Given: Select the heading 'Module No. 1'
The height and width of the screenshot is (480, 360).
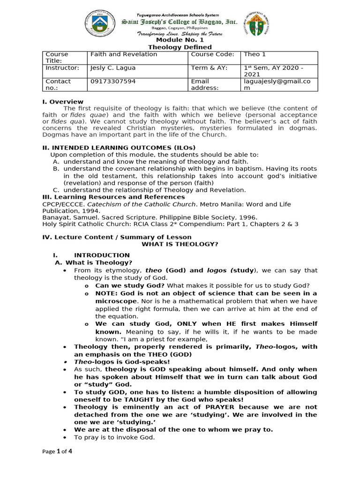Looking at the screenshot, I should click(180, 40).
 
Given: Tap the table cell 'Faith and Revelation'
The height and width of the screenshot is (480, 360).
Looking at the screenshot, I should click(124, 54).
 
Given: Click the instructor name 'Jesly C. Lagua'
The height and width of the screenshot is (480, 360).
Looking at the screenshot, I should click(112, 68).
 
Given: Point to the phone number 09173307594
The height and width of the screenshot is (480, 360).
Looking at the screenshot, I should click(112, 81).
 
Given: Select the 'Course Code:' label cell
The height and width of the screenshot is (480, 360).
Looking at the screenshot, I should click(212, 54).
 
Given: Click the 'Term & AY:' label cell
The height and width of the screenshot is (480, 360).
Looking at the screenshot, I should click(209, 68).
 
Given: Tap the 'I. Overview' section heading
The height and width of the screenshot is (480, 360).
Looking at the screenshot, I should click(63, 102).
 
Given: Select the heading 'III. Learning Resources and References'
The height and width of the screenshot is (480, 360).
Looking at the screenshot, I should click(113, 197).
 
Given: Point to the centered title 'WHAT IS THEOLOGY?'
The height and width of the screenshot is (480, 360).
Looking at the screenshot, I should click(180, 244).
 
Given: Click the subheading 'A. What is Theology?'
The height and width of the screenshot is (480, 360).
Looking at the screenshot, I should click(94, 262).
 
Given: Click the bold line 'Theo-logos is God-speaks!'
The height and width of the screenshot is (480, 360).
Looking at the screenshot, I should click(122, 362).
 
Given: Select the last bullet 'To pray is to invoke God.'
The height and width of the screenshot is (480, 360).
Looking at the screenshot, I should click(114, 437).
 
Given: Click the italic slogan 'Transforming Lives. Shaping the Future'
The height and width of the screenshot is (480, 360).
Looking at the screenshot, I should click(180, 34).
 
